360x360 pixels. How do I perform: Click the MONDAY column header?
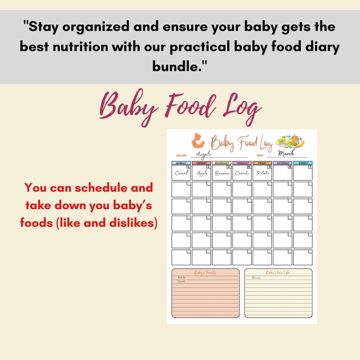(181, 163)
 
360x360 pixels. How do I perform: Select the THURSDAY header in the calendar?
(242, 163)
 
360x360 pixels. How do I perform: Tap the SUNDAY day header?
(303, 163)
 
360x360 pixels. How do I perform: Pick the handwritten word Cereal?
(181, 173)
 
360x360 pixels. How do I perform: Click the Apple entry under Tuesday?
(201, 173)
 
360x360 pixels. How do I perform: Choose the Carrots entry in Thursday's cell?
(242, 173)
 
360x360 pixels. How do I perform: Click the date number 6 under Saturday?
(290, 167)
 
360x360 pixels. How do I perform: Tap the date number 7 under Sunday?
(310, 167)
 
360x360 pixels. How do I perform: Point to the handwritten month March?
(286, 153)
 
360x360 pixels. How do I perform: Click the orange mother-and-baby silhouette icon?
(198, 140)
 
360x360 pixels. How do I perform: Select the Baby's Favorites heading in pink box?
(205, 272)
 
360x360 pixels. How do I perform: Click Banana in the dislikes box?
(256, 277)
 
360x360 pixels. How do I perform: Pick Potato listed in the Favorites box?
(181, 277)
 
